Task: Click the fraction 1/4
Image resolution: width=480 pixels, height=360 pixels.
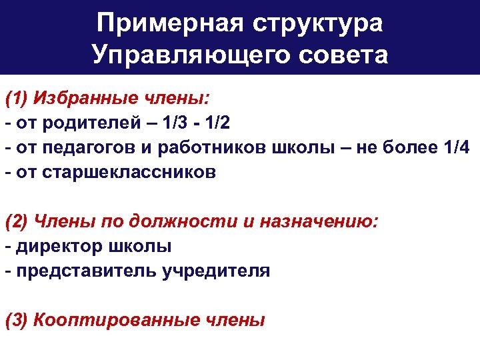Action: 456,148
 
